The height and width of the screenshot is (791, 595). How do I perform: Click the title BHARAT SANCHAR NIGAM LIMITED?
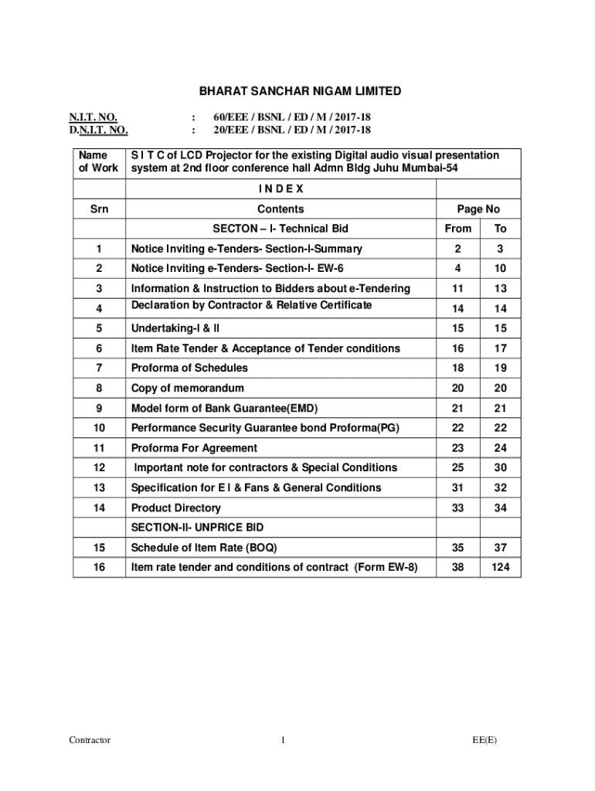[x=301, y=91]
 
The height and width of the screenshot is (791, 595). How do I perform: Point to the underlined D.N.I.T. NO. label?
[x=98, y=131]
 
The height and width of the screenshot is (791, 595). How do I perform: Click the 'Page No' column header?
[x=478, y=209]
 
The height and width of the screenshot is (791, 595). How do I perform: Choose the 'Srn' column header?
[x=99, y=209]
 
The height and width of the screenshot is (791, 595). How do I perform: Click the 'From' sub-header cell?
[x=458, y=229]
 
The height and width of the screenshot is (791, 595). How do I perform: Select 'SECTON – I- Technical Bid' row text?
[x=280, y=229]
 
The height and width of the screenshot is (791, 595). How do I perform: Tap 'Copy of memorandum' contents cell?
[x=188, y=388]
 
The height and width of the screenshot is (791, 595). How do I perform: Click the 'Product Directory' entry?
[x=176, y=508]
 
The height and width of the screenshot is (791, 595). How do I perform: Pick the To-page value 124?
[x=500, y=568]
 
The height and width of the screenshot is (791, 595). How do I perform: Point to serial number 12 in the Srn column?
[x=99, y=467]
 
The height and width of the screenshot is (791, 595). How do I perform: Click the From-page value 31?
[x=458, y=487]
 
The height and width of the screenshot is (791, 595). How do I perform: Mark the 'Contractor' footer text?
[x=90, y=740]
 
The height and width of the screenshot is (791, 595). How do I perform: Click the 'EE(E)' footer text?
[x=485, y=740]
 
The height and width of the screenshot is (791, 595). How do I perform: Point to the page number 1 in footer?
[x=284, y=740]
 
